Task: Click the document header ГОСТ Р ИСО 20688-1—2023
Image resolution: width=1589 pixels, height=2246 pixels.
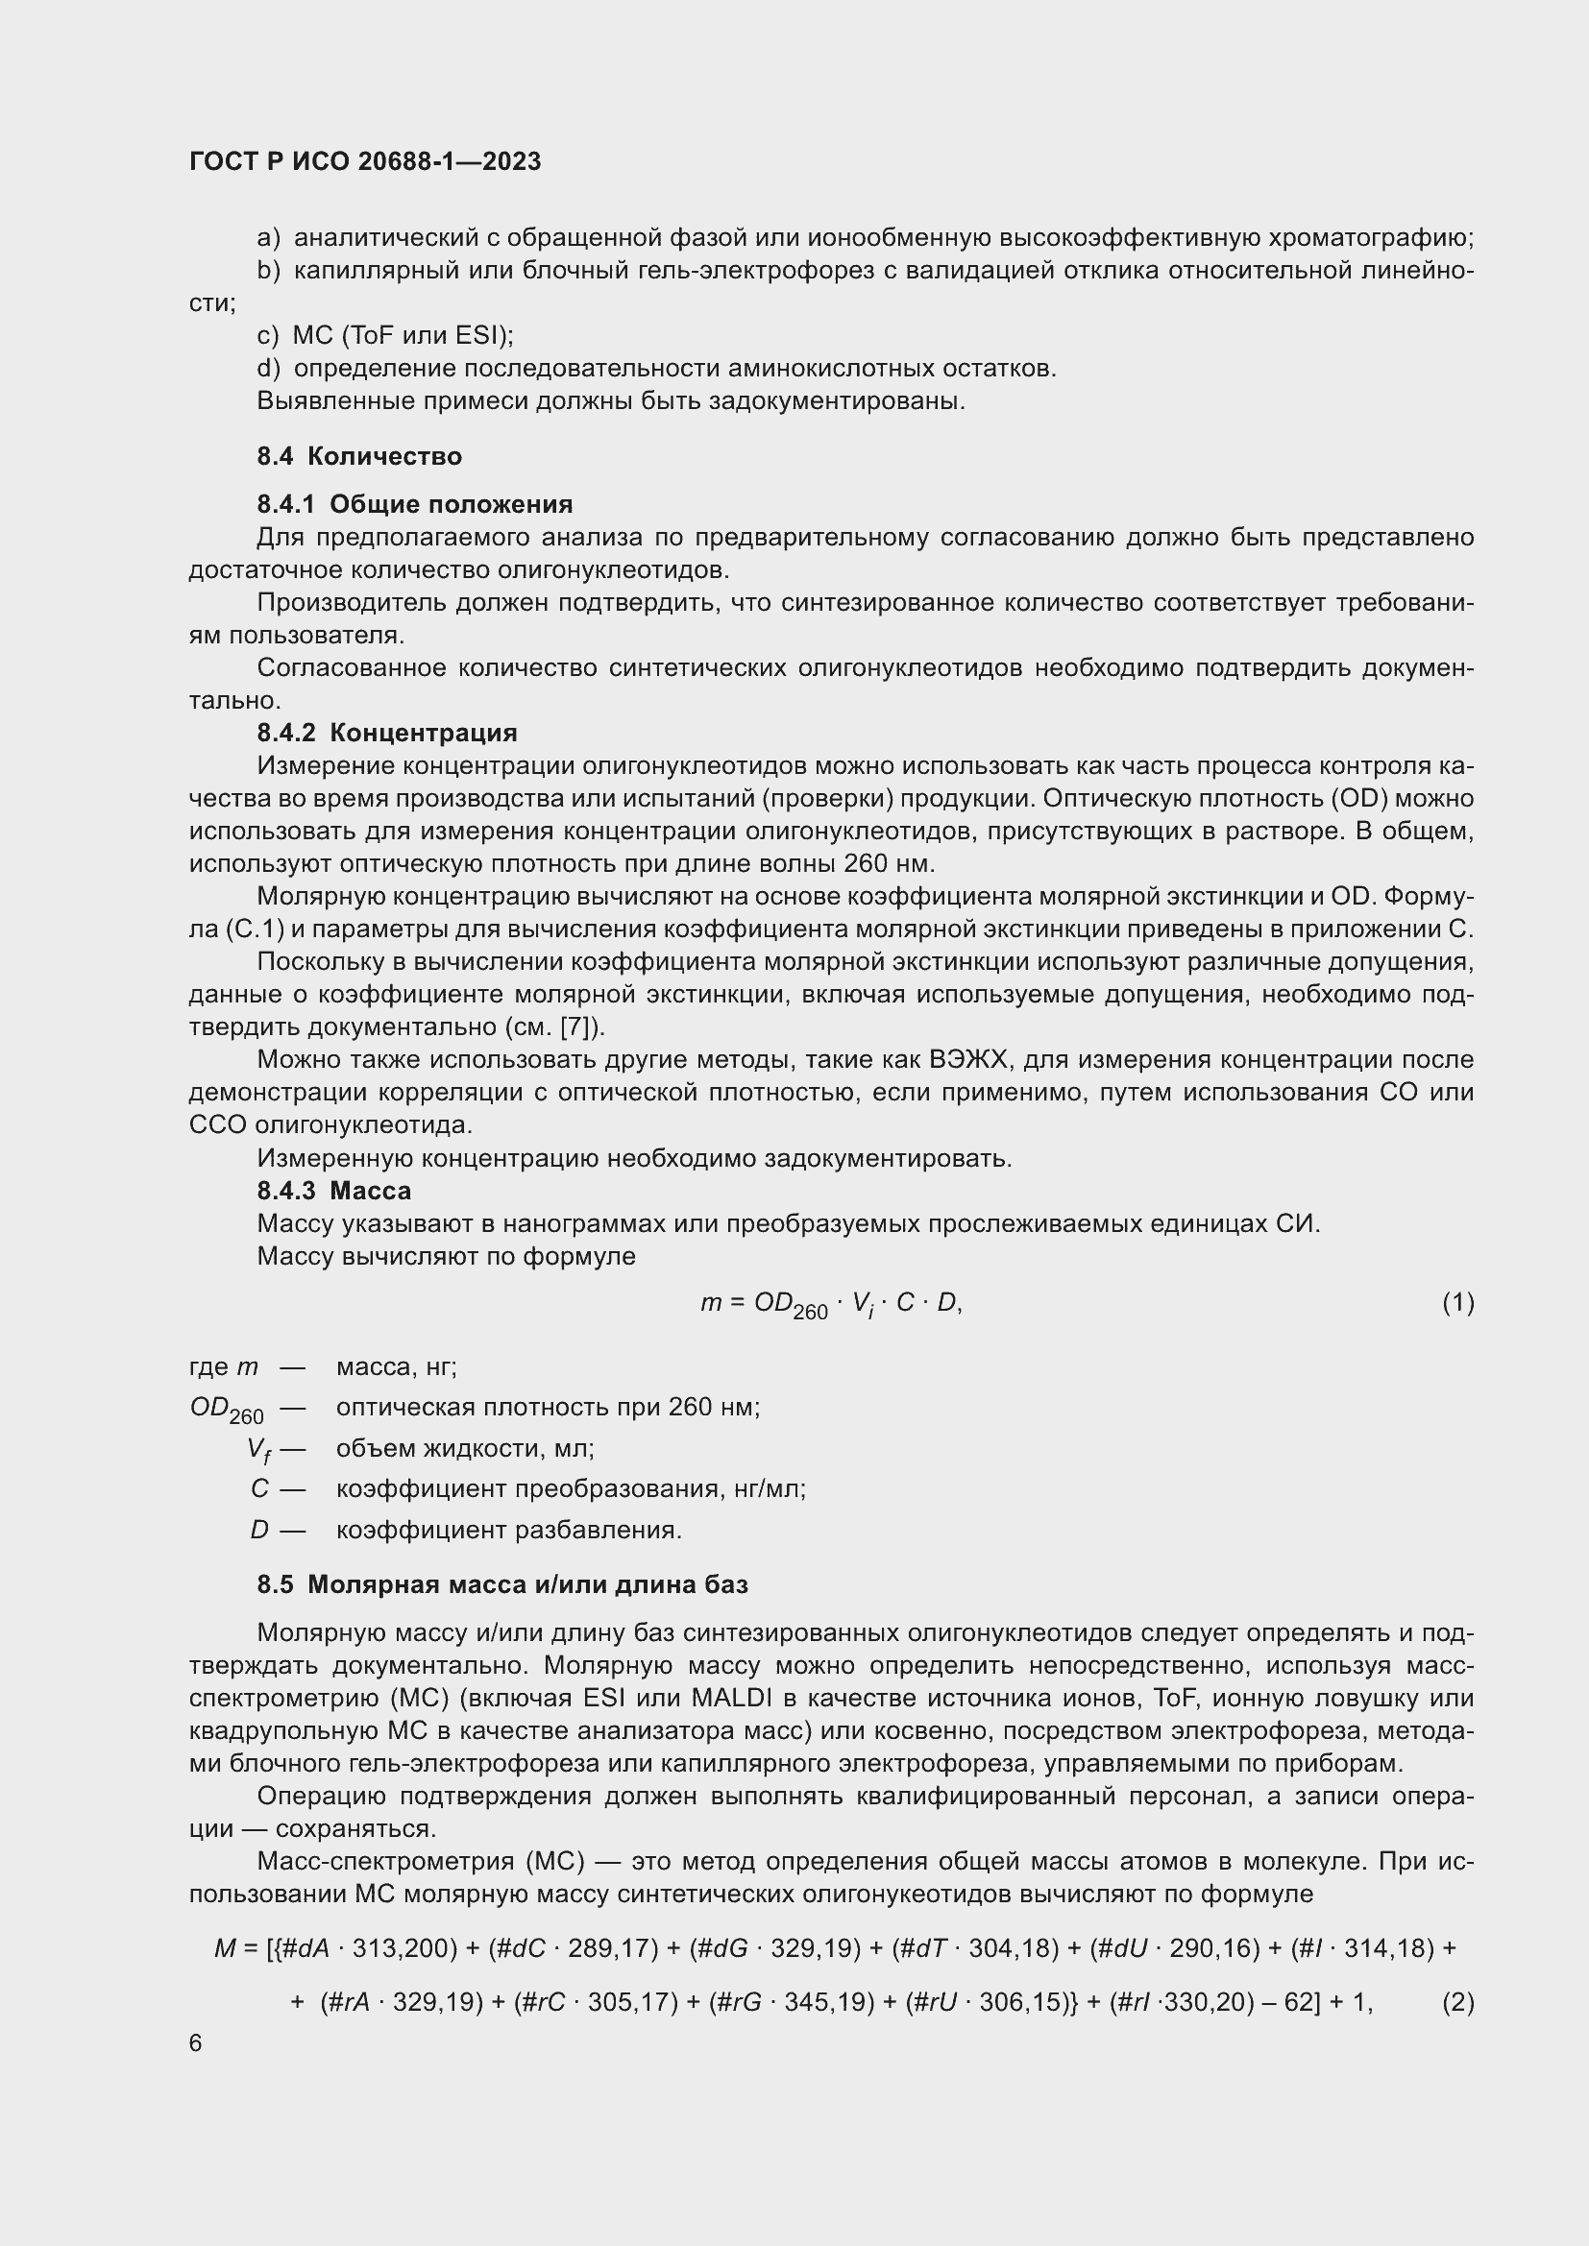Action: pos(365,161)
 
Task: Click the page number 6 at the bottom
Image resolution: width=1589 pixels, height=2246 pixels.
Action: pos(196,2043)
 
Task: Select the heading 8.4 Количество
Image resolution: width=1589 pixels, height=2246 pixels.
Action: pos(359,457)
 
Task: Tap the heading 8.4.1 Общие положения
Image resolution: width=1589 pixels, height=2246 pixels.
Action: pos(415,505)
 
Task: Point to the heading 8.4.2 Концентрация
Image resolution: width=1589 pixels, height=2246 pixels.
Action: pos(386,733)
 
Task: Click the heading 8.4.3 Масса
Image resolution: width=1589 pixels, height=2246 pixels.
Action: pos(333,1191)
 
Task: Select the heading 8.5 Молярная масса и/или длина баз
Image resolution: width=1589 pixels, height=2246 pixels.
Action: pos(501,1584)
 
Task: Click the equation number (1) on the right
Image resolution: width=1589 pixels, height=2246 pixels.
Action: pos(1457,1303)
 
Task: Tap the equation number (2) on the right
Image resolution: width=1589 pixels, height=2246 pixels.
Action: pos(1457,2002)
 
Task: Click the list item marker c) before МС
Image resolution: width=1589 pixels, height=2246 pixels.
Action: pos(268,336)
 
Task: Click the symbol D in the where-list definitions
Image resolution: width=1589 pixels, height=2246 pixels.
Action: pos(258,1530)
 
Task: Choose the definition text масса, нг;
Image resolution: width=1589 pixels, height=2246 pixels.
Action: pos(396,1366)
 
